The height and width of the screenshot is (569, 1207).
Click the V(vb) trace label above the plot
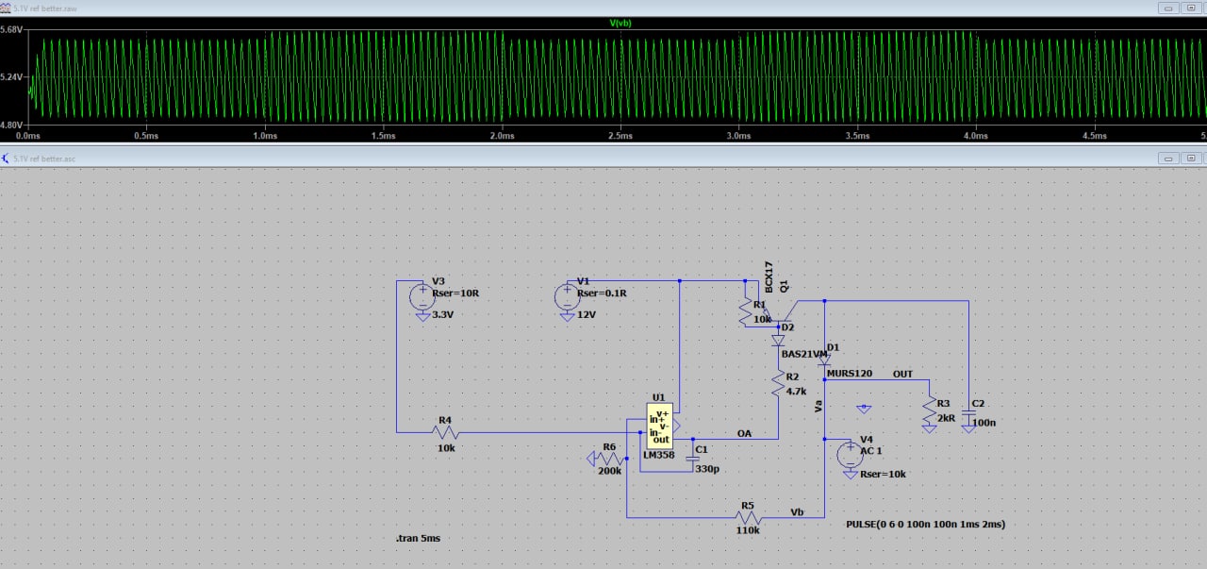pos(620,23)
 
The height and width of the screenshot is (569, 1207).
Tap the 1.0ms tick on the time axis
pos(265,136)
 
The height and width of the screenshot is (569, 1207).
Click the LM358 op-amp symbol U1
pos(660,427)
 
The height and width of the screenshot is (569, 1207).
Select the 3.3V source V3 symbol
pos(422,297)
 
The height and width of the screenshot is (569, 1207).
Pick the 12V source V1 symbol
pos(567,297)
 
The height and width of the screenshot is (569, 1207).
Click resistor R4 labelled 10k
pos(445,432)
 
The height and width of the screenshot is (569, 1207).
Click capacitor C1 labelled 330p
pos(693,451)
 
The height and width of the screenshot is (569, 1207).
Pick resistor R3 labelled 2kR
pos(929,407)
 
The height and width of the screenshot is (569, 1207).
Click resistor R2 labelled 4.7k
pos(778,382)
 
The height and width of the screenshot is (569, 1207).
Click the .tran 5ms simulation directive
pos(418,538)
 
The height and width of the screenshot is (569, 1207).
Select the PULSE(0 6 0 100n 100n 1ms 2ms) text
pos(925,524)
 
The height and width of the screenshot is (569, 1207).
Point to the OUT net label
pos(902,375)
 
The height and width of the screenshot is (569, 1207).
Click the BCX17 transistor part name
pos(769,276)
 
